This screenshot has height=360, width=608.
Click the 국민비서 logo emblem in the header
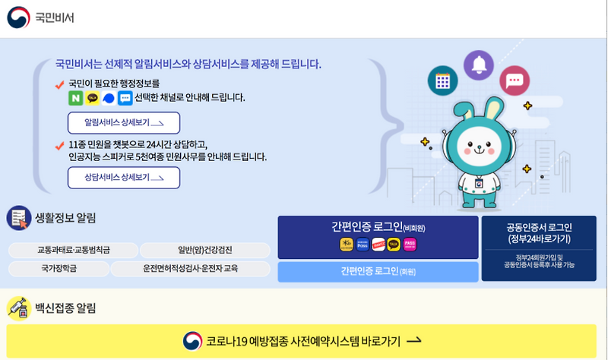pos(18,17)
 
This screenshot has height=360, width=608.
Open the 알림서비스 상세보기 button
pos(124,122)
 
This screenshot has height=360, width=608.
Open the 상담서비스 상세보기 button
pos(124,177)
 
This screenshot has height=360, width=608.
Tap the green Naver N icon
pos(76,98)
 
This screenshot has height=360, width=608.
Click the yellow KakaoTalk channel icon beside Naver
pos(93,98)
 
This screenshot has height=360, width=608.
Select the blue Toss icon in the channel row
pos(109,98)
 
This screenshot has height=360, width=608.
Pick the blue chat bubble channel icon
pos(125,98)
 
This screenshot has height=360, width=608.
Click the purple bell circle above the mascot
pos(479,65)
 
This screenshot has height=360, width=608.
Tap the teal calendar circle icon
pos(442,81)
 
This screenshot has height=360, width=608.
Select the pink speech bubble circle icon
pos(515,81)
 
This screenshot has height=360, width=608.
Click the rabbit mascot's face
pos(480,145)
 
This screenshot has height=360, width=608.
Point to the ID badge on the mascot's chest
pos(480,184)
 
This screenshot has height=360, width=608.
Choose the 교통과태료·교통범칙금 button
pos(74,250)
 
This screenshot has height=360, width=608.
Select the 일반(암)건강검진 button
pos(205,250)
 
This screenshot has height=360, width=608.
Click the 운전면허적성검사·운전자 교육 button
pos(191,268)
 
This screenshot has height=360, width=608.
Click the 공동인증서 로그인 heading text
pos(539,227)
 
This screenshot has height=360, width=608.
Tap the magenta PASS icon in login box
pos(410,244)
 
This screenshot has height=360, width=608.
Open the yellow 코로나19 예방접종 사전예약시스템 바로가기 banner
pos(302,341)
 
